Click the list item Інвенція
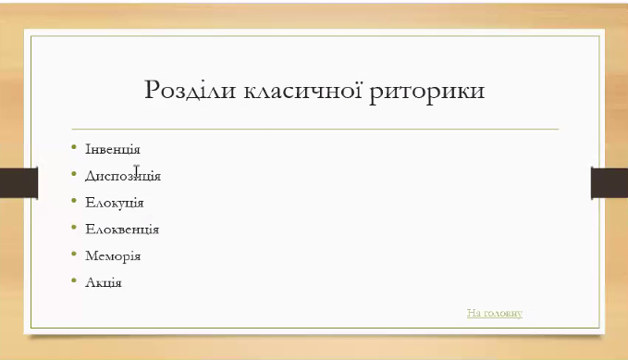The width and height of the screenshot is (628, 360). tap(112, 148)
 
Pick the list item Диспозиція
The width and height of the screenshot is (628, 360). tap(122, 175)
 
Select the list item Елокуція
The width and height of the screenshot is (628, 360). tap(114, 202)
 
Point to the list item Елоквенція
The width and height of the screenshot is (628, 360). tap(121, 229)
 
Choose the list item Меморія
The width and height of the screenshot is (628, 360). tap(112, 255)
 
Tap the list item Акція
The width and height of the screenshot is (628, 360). tap(103, 282)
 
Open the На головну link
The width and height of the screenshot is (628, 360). tap(495, 313)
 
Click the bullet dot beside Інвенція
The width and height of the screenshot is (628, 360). tap(74, 146)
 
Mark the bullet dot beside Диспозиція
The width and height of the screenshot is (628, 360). tap(74, 173)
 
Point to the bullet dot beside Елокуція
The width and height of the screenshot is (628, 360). tap(74, 200)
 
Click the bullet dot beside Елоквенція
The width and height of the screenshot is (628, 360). tap(74, 227)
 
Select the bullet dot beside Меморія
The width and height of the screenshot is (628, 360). tap(74, 254)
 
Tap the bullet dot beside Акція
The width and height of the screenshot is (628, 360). tap(74, 280)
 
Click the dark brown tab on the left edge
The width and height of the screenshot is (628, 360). tap(18, 182)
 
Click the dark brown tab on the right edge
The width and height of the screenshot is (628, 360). tap(609, 182)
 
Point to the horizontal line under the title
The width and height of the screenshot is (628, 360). tap(314, 129)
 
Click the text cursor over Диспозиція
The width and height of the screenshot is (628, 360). tap(137, 171)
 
